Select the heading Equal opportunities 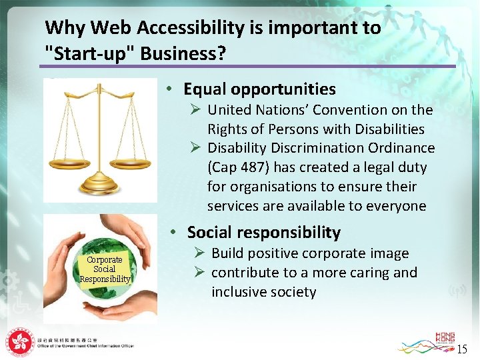(x=259, y=89)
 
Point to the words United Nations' (x=257, y=109)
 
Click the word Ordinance (x=403, y=148)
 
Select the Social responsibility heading (x=263, y=232)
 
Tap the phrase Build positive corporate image (x=310, y=253)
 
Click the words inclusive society (x=263, y=292)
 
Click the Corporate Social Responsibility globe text (x=105, y=269)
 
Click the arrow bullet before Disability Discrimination (x=196, y=148)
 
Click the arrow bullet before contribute (x=199, y=273)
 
